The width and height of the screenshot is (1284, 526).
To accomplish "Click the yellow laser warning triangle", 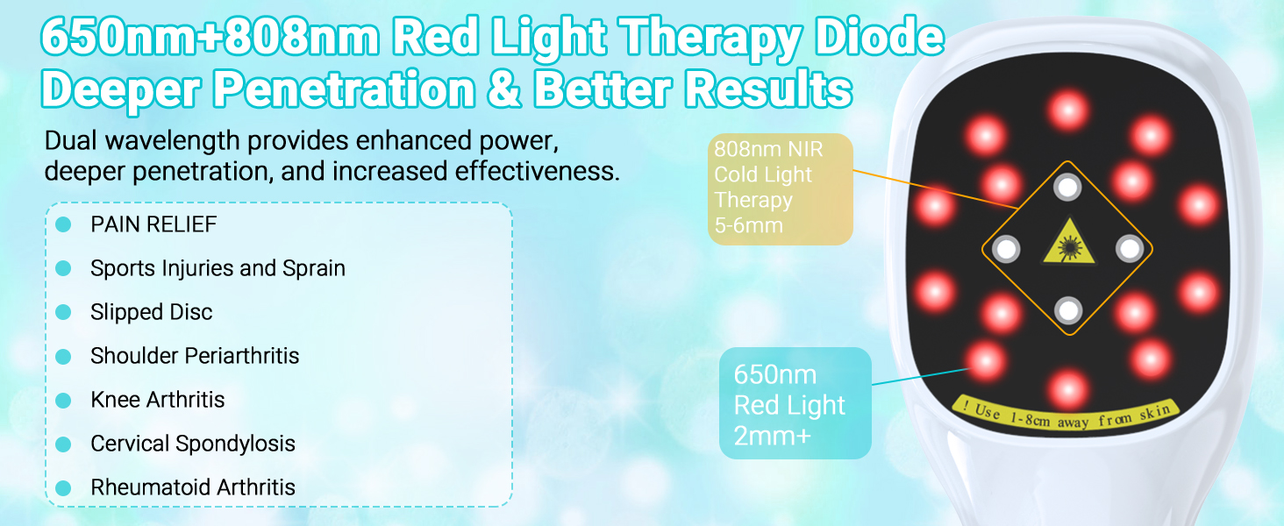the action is (1068, 243).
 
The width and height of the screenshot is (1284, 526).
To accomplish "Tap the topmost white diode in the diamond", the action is (1067, 187).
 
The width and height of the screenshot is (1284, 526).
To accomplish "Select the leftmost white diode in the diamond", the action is (1005, 249).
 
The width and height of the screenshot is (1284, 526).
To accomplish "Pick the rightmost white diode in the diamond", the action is (1130, 249).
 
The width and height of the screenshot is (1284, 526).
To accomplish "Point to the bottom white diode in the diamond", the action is (1068, 310).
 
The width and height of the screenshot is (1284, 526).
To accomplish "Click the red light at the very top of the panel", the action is (1068, 110).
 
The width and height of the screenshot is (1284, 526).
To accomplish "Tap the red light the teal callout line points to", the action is (985, 361).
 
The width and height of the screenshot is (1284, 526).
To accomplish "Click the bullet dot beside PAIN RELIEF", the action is (63, 224).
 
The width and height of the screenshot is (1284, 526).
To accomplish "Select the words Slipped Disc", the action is (152, 312).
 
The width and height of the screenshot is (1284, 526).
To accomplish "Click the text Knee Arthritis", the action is (158, 400).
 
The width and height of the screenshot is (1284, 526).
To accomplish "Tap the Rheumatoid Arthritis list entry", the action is (193, 487).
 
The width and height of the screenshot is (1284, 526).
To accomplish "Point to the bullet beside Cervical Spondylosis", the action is (63, 444).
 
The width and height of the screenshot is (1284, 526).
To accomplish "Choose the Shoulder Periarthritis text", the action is (195, 356).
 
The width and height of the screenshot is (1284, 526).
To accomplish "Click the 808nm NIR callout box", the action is (781, 189).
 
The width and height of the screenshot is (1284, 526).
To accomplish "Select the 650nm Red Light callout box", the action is (795, 403).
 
